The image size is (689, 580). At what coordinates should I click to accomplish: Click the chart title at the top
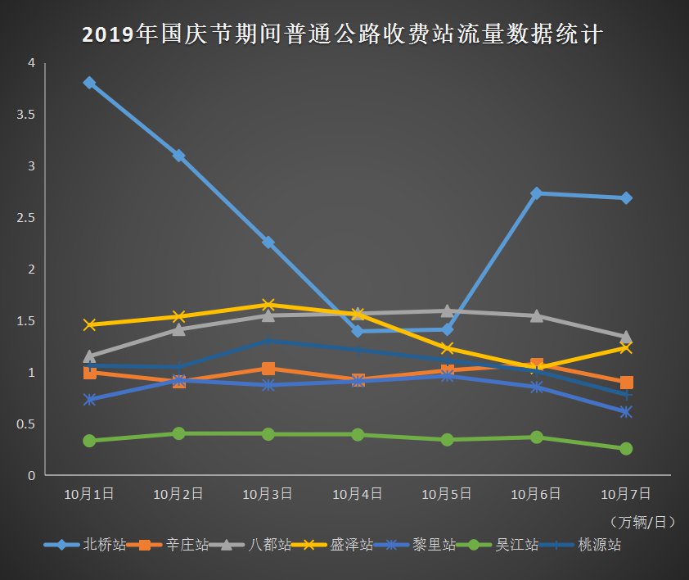[344, 35]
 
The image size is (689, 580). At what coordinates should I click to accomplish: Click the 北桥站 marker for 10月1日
[89, 83]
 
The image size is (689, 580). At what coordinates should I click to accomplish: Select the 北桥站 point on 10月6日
[537, 193]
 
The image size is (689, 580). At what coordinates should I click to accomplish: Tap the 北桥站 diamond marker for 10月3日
[268, 242]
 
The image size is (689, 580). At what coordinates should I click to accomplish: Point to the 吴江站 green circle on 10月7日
[626, 449]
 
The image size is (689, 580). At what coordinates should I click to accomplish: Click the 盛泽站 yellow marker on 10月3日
[268, 305]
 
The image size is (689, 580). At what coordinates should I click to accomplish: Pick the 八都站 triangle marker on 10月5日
[447, 310]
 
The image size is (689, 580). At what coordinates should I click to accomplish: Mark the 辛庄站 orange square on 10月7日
[626, 383]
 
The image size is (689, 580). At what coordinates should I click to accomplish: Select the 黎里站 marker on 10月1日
[89, 400]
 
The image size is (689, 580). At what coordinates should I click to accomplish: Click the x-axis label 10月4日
[358, 494]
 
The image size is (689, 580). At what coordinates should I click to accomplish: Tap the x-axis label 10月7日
[626, 494]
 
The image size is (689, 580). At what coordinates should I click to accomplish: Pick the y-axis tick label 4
[31, 63]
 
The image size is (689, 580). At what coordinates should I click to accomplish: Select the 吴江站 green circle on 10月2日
[178, 433]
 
